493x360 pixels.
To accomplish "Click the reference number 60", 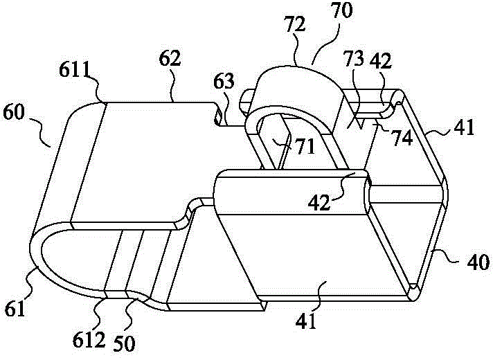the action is click(x=14, y=113).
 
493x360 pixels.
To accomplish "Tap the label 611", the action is click(x=75, y=71).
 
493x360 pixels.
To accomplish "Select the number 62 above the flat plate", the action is click(x=170, y=58).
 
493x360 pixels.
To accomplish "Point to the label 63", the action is click(x=224, y=82).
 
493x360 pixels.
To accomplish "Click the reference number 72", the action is click(x=294, y=24).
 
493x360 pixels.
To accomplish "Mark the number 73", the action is click(x=354, y=59).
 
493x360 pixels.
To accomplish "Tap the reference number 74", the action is click(x=403, y=138).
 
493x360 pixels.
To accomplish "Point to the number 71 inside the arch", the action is click(x=305, y=147).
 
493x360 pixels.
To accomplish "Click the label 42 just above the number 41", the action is click(x=319, y=202).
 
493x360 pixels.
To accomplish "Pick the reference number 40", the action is click(x=478, y=262).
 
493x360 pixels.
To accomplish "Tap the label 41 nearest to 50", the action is click(x=306, y=321).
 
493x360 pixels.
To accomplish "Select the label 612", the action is click(x=89, y=340).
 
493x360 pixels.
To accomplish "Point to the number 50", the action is click(x=123, y=343).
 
